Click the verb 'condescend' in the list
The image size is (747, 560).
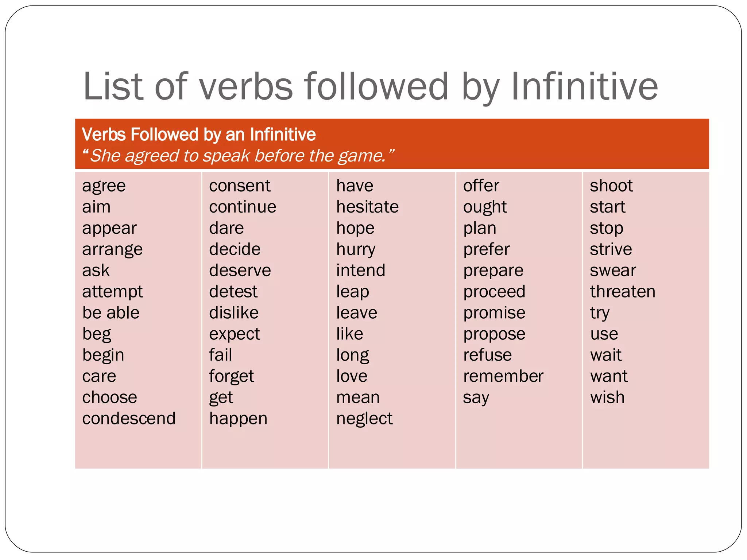tap(129, 419)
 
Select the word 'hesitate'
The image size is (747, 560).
tap(367, 207)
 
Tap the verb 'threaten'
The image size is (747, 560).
tap(623, 292)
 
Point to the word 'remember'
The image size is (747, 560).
tap(503, 376)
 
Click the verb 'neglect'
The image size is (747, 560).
tap(364, 419)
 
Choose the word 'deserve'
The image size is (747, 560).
tap(240, 271)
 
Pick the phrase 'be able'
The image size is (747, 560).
tap(111, 313)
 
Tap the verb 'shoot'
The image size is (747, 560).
tap(611, 186)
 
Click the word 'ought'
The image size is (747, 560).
tap(485, 207)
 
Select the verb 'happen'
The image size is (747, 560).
tap(238, 419)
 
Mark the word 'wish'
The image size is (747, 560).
tap(607, 397)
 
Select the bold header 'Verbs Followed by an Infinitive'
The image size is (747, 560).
tap(199, 135)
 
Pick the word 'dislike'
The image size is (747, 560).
tap(234, 313)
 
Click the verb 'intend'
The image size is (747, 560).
tap(361, 271)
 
